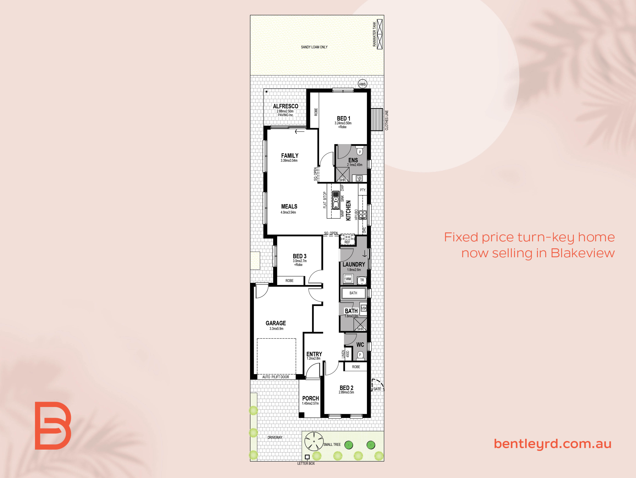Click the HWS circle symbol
(x=362, y=84)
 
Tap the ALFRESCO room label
(x=286, y=106)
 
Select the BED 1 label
(x=344, y=118)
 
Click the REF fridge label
(x=347, y=242)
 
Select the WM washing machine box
(x=348, y=279)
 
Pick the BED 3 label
(x=300, y=256)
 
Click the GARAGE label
(x=276, y=323)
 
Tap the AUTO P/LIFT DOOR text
(x=276, y=377)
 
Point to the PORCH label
(x=311, y=398)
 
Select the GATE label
(x=377, y=389)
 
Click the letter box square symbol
(x=307, y=457)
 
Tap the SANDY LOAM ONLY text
(x=314, y=47)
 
